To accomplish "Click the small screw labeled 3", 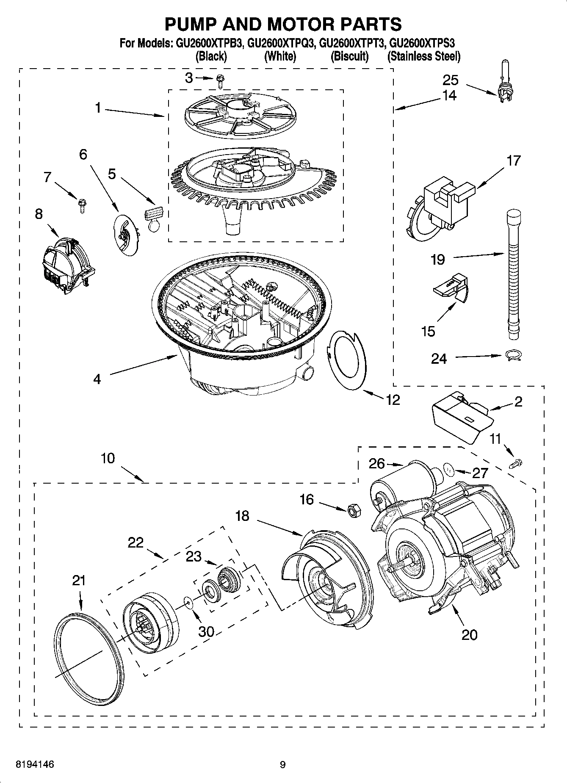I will coord(220,80).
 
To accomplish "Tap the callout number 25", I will coord(451,80).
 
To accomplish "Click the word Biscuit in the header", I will coord(349,56).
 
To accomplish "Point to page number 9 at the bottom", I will coord(282,764).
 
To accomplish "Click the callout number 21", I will coord(79,580).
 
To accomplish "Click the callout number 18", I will coord(243,516).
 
